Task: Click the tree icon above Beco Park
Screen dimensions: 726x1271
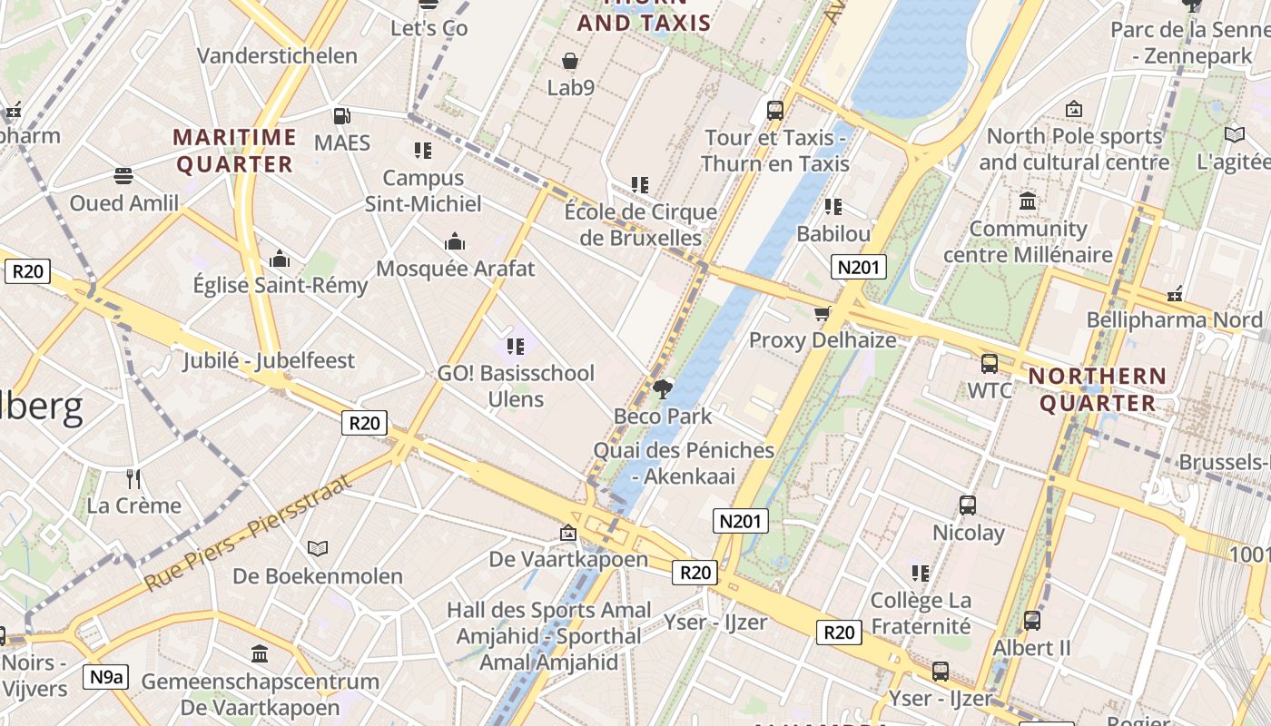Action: [663, 389]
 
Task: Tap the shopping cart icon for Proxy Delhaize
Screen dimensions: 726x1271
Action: [823, 314]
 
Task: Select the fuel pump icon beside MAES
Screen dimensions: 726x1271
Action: [341, 116]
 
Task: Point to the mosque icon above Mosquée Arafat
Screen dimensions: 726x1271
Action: [455, 241]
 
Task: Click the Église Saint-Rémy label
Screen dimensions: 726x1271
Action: [281, 285]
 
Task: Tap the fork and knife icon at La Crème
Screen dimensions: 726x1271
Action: [133, 478]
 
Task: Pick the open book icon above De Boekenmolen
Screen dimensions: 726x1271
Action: [317, 548]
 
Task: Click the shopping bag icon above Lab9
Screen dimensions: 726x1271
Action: [570, 62]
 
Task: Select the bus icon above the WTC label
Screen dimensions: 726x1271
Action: [989, 364]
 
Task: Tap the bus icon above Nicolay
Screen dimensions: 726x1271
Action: [968, 505]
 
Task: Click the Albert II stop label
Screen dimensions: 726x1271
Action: [1031, 648]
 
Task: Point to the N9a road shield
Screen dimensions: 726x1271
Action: [106, 676]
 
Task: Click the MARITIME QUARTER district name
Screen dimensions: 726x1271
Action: [235, 151]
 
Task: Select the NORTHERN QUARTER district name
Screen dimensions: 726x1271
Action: [1097, 388]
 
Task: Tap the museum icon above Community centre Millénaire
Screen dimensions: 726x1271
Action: [1028, 201]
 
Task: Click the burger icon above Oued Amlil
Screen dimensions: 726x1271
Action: [123, 176]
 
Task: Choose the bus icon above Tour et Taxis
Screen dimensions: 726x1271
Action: [774, 111]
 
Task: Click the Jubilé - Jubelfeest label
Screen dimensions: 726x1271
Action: [269, 360]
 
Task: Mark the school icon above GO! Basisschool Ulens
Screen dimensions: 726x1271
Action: [516, 346]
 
